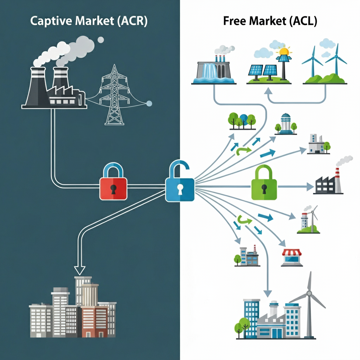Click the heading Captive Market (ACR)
point(89,21)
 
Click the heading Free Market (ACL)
point(270,21)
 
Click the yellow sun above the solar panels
point(283,52)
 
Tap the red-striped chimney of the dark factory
point(337,179)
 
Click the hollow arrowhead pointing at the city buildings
point(80,270)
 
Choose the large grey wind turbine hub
point(309,293)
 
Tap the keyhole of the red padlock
point(113,189)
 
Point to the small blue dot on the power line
point(149,103)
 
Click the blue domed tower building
point(285,124)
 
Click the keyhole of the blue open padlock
point(180,189)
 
